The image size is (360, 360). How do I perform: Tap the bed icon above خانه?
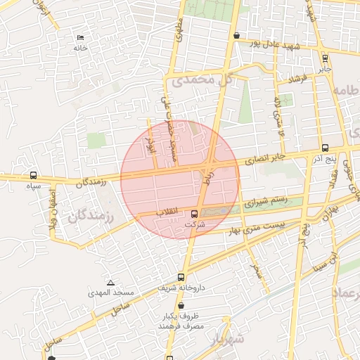coord(79,37)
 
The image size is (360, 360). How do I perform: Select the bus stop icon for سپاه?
coord(33,175)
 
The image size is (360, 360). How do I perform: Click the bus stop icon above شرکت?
coord(194,214)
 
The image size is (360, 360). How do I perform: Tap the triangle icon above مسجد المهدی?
coord(110,281)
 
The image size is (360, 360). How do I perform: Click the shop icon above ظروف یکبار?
coord(181,306)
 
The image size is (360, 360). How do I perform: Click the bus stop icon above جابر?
coord(324,58)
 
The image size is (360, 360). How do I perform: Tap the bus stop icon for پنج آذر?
coord(324,148)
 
